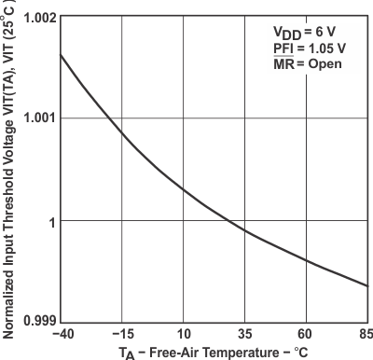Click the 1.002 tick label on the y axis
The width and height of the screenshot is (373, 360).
click(36, 18)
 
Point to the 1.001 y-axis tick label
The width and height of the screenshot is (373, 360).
click(36, 118)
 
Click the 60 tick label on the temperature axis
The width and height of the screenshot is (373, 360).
click(308, 334)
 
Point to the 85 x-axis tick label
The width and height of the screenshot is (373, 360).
click(365, 334)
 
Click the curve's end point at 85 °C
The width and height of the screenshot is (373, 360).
click(370, 286)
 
